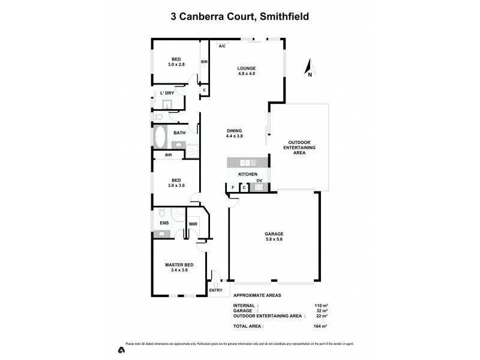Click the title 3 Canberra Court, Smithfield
pos(240,17)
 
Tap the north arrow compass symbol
pos(308,68)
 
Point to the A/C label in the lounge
pos(222,46)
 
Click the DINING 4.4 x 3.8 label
pos(235,134)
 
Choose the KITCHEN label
pos(248,174)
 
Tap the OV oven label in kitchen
pos(259,181)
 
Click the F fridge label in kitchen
pos(233,188)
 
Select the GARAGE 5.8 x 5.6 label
pos(274,236)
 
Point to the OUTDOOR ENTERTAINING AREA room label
pos(299,148)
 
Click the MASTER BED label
pos(179,268)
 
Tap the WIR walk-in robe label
pos(193,224)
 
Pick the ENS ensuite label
pos(164,223)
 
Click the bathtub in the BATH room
pos(160,137)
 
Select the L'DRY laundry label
pos(167,93)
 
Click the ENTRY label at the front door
pos(215,291)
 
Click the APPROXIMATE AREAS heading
pos(257,296)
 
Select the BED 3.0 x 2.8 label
pos(176,62)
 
